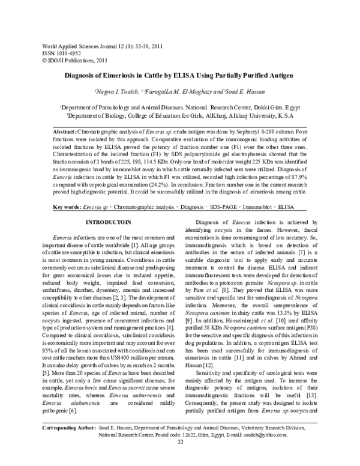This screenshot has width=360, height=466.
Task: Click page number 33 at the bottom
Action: click(180, 459)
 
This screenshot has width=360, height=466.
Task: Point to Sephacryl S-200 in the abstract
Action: click(250, 131)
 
